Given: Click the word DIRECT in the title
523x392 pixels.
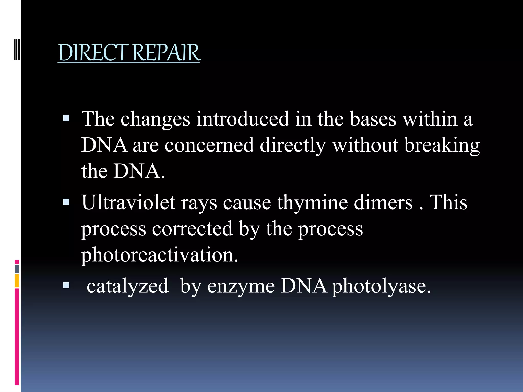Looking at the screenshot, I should pos(93,53).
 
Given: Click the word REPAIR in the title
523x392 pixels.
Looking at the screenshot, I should pos(166,53).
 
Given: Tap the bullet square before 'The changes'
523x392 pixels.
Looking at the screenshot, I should pos(66,118).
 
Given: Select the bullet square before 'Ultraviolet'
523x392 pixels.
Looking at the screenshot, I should pos(66,202).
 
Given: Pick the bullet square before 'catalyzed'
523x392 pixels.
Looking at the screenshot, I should pos(66,285).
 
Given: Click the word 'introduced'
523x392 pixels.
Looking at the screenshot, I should pos(243,119).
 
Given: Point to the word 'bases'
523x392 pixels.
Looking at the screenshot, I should pos(373,119).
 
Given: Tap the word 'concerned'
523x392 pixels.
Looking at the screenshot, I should pos(209,145).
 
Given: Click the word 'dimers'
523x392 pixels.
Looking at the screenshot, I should pos(383,202).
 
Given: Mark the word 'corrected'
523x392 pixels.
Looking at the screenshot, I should pos(192,229).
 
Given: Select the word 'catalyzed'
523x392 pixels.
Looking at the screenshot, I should pos(127,286).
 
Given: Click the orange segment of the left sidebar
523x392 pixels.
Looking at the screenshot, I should pos(17,281).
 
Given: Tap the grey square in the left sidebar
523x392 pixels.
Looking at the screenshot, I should pos(17,269).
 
